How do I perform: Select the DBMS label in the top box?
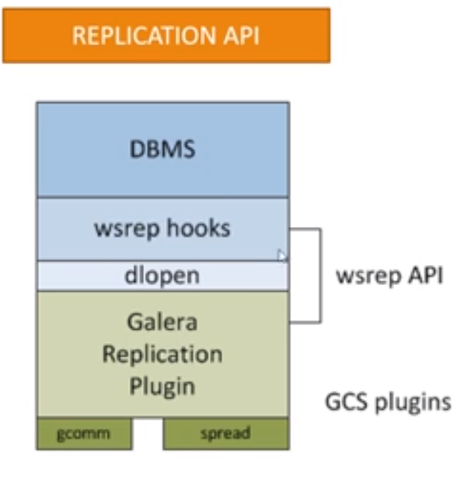pos(162,149)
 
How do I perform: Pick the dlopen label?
pos(162,276)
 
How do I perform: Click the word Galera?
pos(162,322)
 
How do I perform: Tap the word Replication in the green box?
pos(162,354)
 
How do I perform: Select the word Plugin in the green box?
pos(162,386)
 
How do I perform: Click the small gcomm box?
pos(83,434)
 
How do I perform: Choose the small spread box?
pos(225,434)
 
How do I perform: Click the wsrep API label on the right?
pos(389,275)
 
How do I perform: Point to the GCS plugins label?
pos(388,402)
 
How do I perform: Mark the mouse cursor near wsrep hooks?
pos(282,256)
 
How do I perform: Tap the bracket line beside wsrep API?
pos(321,275)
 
